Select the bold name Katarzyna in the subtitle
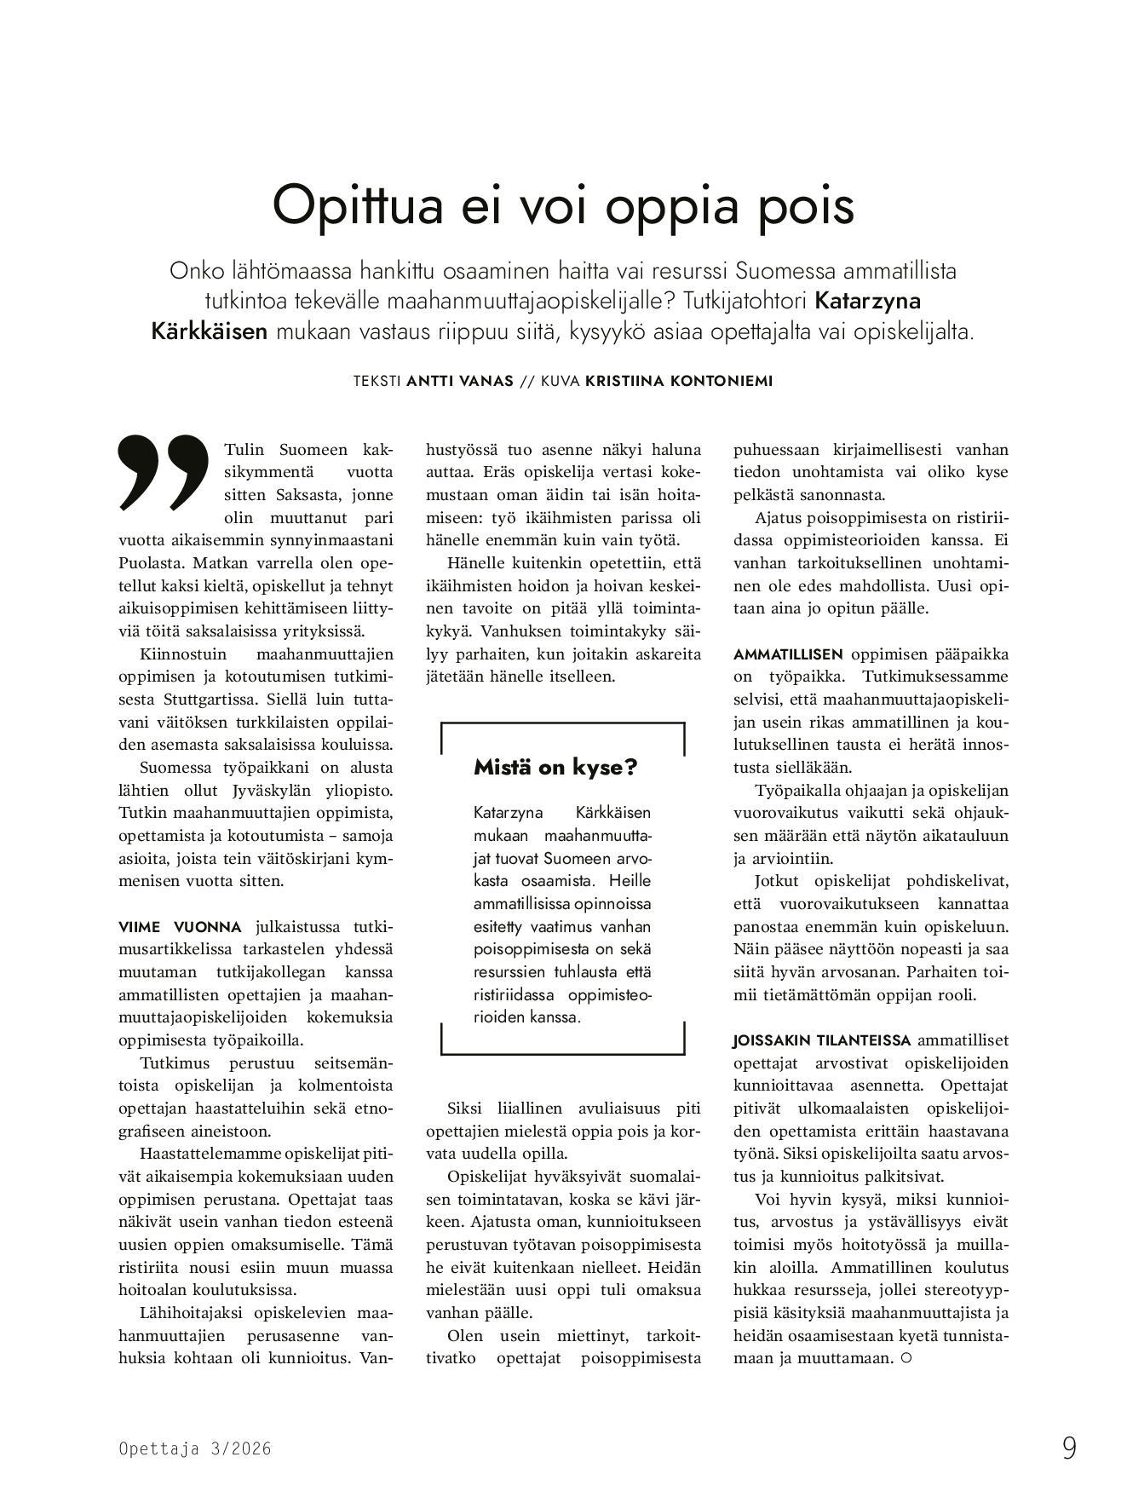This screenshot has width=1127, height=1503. (x=868, y=301)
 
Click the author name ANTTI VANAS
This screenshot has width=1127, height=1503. (x=460, y=381)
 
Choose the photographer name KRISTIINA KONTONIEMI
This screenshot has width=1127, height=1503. (x=679, y=381)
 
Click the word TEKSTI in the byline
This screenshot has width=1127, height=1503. (x=377, y=381)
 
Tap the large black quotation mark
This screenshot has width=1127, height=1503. (x=163, y=472)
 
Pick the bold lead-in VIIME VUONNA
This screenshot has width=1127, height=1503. (x=181, y=927)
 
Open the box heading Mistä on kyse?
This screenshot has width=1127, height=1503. (x=555, y=768)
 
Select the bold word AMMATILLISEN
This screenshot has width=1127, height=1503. (x=788, y=654)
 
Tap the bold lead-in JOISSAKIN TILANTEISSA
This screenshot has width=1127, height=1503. (x=822, y=1040)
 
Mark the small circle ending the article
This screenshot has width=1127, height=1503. (x=906, y=1358)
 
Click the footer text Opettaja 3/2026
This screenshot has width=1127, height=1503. (x=195, y=1448)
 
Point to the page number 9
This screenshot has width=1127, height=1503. (x=1068, y=1448)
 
